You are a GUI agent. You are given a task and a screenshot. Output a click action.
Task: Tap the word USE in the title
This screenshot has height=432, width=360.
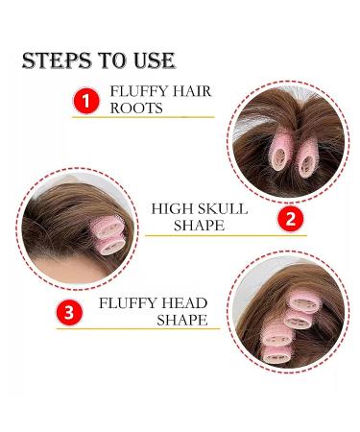152,61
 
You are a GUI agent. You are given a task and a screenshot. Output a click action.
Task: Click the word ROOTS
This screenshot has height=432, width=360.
137,108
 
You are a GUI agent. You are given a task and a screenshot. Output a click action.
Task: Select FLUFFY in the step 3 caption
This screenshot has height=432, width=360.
131,302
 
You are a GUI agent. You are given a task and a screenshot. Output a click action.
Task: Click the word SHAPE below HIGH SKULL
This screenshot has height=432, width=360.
200,226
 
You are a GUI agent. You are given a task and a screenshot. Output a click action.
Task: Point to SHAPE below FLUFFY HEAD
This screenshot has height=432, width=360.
182,320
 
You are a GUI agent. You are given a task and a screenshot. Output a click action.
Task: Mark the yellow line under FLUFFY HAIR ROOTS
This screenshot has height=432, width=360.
144,117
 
